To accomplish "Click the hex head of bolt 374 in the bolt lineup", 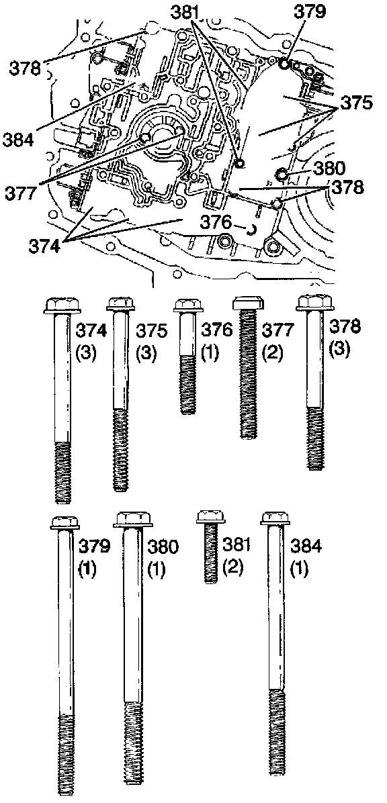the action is pos(62,305).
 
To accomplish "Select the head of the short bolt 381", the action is pos(211,517).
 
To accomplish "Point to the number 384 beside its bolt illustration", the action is pos(306,547).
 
